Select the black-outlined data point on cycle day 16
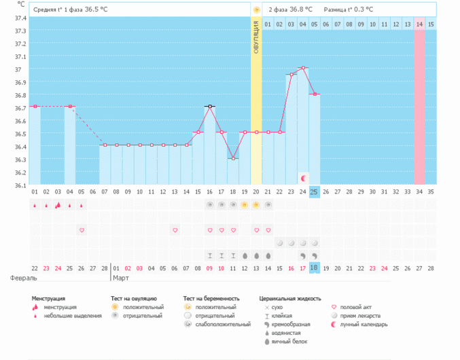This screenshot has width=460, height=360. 210,107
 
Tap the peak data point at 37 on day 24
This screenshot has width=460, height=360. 303,68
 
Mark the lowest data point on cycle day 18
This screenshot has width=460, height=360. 233,158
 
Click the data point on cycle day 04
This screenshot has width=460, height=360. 70,107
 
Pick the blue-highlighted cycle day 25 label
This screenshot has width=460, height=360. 315,192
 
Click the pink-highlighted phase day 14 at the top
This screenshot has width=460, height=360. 420,24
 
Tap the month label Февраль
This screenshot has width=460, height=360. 23,278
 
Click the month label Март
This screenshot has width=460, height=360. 121,278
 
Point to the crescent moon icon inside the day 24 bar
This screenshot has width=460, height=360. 304,178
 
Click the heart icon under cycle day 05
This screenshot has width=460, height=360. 82,230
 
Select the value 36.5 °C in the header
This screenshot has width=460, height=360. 96,10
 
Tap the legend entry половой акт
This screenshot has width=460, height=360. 355,307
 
